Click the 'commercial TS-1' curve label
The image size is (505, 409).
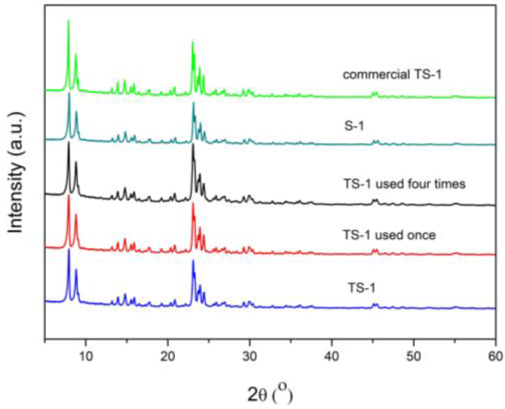[x=392, y=74]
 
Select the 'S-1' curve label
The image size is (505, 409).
[x=354, y=126]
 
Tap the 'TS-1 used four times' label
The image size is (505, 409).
[x=404, y=184]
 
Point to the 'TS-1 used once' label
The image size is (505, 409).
[x=389, y=235]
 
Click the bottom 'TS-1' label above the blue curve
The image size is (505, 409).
[x=361, y=288]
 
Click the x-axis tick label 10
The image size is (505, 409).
[x=86, y=356]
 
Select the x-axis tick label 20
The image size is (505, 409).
[x=168, y=356]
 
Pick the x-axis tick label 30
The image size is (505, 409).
[x=249, y=356]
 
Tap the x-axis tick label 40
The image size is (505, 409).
[x=332, y=356]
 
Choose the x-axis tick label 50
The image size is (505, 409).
[x=414, y=356]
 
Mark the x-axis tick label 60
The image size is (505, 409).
[x=495, y=356]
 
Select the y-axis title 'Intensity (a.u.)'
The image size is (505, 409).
[x=16, y=173]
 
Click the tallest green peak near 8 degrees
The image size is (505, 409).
[x=69, y=21]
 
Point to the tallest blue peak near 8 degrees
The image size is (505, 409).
[x=69, y=250]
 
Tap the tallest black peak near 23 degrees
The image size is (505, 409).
[x=193, y=145]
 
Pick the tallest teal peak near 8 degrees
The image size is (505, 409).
[x=69, y=94]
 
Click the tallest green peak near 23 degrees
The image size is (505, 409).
[x=192, y=42]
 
